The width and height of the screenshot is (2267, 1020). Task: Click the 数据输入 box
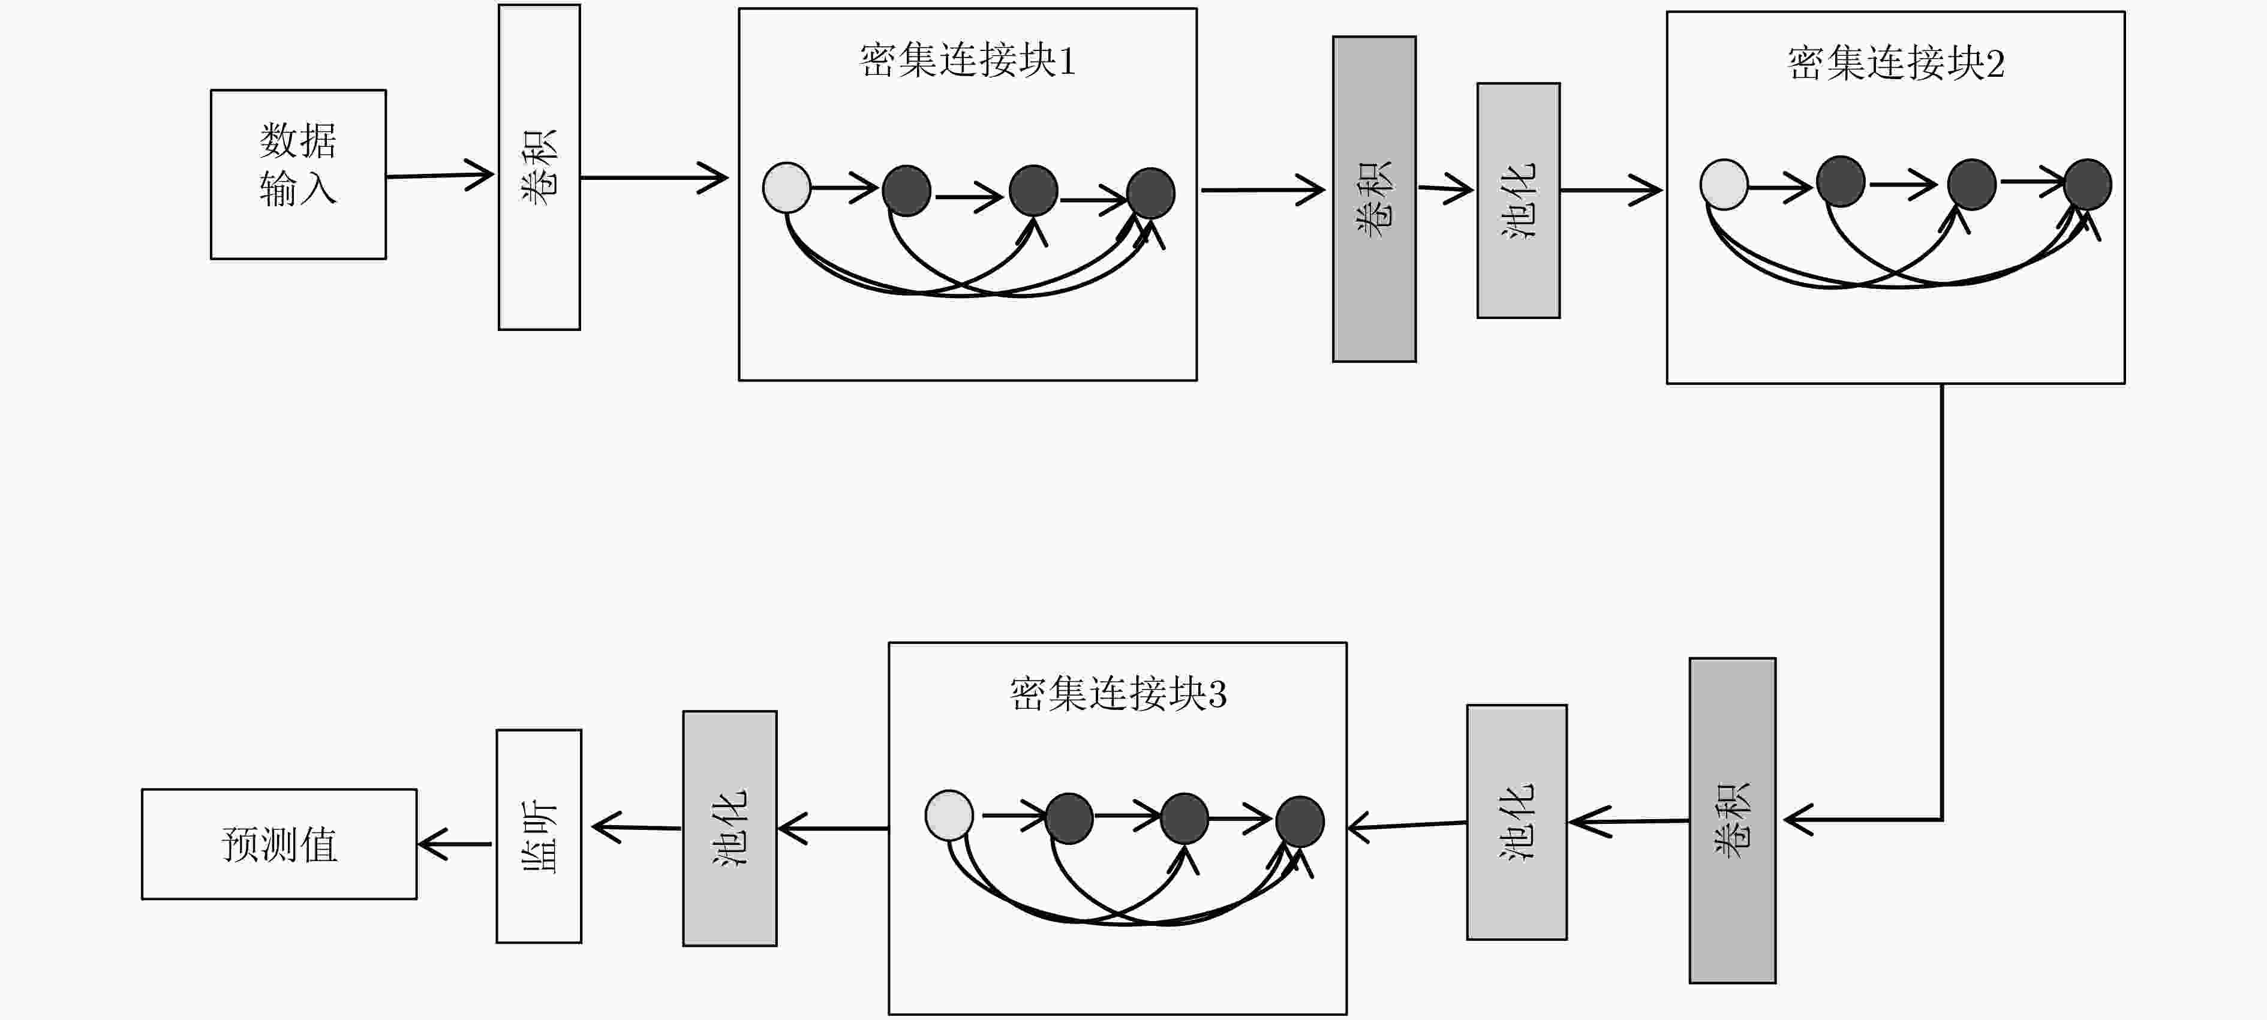[298, 174]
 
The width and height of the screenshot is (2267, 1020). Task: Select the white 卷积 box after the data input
[540, 167]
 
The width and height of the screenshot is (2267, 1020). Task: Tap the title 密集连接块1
[967, 61]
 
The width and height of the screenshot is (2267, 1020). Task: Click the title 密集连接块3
[1118, 694]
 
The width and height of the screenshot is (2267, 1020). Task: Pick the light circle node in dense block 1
[787, 188]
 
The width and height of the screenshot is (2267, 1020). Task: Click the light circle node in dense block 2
[1724, 184]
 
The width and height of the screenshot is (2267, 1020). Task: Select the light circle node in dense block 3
[949, 815]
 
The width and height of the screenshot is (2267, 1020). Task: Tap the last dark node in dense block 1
[1150, 192]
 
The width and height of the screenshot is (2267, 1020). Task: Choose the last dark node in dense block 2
[2088, 184]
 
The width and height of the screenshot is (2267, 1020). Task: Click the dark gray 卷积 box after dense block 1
[1375, 199]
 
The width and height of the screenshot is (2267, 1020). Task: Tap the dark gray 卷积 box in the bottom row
[1733, 820]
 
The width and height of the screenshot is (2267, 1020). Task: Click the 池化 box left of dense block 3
[729, 828]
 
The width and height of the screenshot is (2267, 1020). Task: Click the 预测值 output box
[279, 844]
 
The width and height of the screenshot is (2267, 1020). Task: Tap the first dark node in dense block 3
[1069, 819]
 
